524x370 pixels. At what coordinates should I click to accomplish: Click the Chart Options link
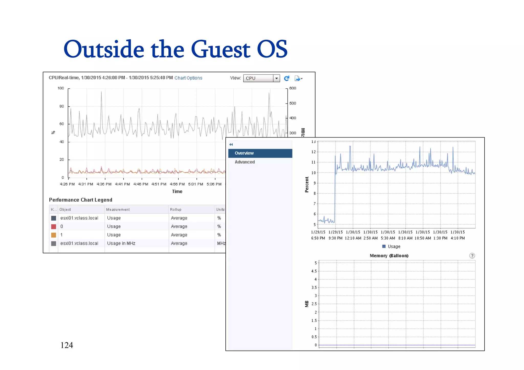pyautogui.click(x=188, y=78)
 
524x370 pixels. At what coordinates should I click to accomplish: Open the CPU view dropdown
pyautogui.click(x=276, y=78)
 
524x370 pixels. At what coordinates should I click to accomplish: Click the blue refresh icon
pyautogui.click(x=287, y=78)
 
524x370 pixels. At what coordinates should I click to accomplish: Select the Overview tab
pyautogui.click(x=260, y=153)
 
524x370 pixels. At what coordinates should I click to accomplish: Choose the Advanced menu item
pyautogui.click(x=245, y=162)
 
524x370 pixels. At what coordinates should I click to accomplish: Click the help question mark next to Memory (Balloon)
pyautogui.click(x=472, y=256)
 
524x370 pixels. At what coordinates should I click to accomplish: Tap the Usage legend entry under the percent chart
pyautogui.click(x=391, y=247)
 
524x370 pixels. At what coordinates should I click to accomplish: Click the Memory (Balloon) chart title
pyautogui.click(x=389, y=256)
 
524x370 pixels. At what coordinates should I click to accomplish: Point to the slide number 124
pyautogui.click(x=67, y=345)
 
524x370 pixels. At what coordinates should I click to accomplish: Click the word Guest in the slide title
pyautogui.click(x=220, y=49)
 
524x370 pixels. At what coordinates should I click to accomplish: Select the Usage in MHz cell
pyautogui.click(x=121, y=244)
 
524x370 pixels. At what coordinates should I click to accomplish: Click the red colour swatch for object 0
pyautogui.click(x=53, y=227)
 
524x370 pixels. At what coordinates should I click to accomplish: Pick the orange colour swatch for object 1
pyautogui.click(x=53, y=235)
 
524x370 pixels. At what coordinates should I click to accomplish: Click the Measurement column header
pyautogui.click(x=118, y=210)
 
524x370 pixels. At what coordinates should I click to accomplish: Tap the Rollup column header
pyautogui.click(x=176, y=210)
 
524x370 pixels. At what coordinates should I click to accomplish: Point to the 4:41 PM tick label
pyautogui.click(x=122, y=184)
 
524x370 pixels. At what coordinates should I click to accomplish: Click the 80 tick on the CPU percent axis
pyautogui.click(x=62, y=106)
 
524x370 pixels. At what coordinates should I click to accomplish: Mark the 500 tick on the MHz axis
pyautogui.click(x=293, y=103)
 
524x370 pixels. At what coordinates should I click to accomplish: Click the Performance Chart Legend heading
pyautogui.click(x=81, y=200)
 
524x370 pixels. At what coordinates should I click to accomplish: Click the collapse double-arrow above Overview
pyautogui.click(x=231, y=144)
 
